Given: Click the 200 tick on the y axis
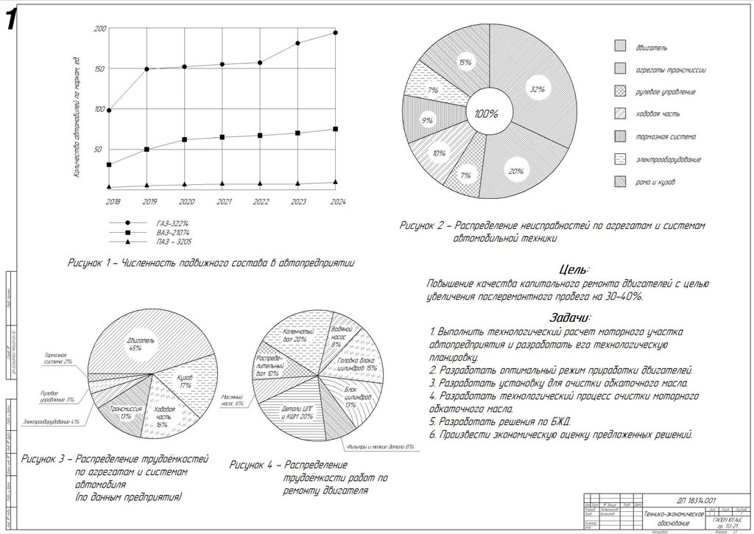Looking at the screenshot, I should tap(100, 29).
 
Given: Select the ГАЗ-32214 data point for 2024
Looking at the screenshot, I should tap(336, 32).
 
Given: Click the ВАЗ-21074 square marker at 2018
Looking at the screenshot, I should tap(109, 165).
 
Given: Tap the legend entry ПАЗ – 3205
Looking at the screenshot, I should tap(175, 242).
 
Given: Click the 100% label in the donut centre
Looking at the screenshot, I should tap(486, 114).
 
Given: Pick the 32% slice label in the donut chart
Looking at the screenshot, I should tap(537, 89).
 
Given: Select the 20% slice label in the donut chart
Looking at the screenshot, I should tap(515, 171).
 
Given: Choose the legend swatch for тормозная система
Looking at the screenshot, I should tap(621, 136).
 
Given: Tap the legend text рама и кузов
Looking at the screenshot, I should tap(655, 181).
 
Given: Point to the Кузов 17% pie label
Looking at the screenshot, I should tap(185, 380).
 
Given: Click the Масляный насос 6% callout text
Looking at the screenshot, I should tap(233, 399).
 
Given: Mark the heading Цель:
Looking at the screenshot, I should tap(574, 270).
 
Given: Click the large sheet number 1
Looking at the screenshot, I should tap(11, 21).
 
